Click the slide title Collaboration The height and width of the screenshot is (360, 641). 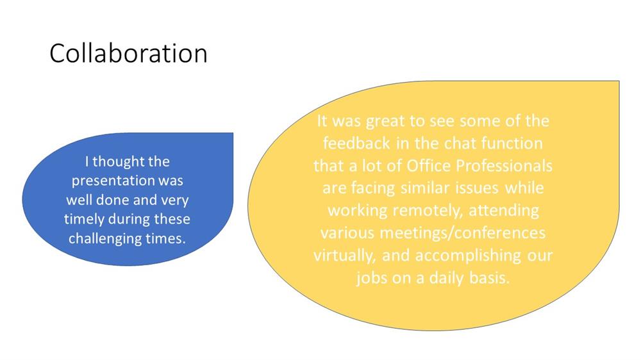[x=128, y=54]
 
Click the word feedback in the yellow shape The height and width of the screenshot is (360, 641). [x=356, y=143]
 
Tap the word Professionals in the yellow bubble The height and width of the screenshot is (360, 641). [x=504, y=165]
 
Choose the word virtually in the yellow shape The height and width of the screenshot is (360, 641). [x=344, y=256]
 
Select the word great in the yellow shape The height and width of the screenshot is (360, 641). [x=383, y=121]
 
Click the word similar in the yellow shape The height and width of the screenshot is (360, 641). [x=426, y=188]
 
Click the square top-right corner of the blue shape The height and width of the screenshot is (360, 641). [x=233, y=133]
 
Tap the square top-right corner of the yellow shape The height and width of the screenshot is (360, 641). [x=619, y=81]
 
